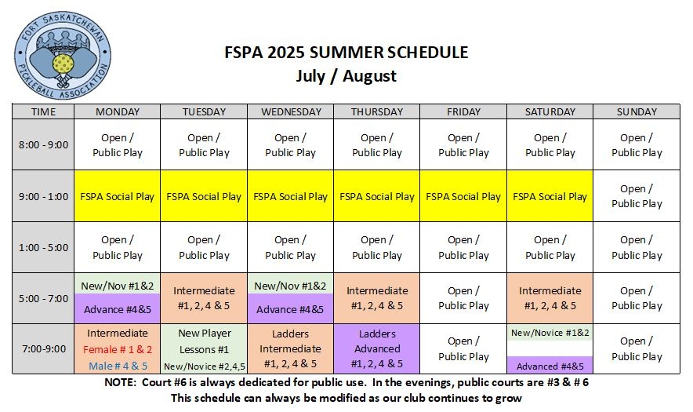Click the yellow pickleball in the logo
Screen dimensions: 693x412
pos(62,64)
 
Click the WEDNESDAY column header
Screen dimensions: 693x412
pos(291,111)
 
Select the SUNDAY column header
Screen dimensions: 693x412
pos(637,111)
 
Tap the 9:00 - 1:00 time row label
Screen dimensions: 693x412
pos(43,196)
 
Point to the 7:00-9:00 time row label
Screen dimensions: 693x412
pos(43,348)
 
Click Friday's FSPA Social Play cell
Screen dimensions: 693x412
pos(463,196)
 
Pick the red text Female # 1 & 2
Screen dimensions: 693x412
pos(118,349)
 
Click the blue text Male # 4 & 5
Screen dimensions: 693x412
pos(118,366)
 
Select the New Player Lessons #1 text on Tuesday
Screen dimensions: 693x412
pos(204,341)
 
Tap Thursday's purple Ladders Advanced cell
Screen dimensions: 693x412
pos(377,348)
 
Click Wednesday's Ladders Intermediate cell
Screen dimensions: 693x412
pos(290,348)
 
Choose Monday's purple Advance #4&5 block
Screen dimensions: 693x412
pos(117,308)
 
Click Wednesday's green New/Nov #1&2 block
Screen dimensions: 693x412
pos(290,286)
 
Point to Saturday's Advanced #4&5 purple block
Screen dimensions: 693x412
pos(550,365)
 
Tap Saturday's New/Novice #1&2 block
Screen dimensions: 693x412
pos(550,332)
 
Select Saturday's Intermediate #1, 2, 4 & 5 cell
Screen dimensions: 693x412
pos(550,298)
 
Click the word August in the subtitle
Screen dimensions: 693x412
pos(369,75)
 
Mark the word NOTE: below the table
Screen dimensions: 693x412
pos(120,382)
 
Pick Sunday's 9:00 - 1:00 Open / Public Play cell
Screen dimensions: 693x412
pos(637,196)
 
